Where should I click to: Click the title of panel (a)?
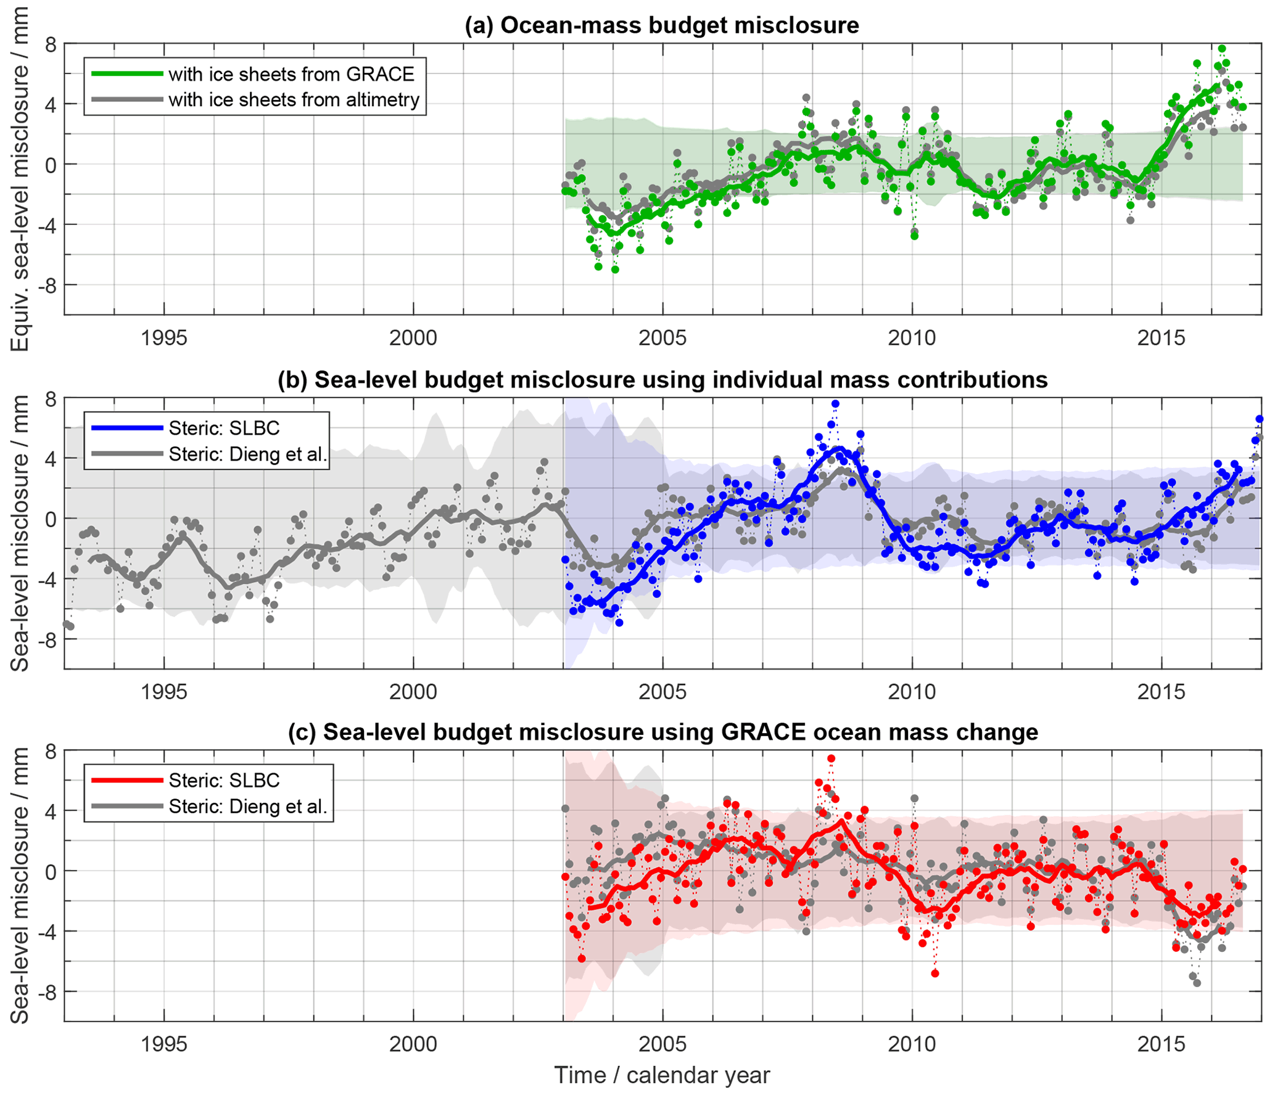[x=661, y=25]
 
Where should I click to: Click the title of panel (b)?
[x=662, y=380]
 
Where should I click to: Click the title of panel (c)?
[x=662, y=732]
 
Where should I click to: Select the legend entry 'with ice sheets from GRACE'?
[x=291, y=74]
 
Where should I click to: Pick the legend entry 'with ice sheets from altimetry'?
[x=294, y=100]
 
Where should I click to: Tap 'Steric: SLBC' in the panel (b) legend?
[x=224, y=428]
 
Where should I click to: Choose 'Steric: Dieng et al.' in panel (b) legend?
[x=247, y=454]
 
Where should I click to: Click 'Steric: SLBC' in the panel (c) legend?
[x=224, y=781]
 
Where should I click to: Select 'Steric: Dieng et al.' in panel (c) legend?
[x=247, y=806]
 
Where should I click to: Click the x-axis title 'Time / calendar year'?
[x=662, y=1075]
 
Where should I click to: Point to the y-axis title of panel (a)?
[x=20, y=179]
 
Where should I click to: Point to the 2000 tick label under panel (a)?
[x=413, y=338]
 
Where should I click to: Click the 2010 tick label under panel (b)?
[x=912, y=692]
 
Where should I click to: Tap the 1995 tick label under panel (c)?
[x=163, y=1044]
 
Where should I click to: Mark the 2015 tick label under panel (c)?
[x=1161, y=1044]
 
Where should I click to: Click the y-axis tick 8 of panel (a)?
[x=50, y=44]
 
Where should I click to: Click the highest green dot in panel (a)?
[x=1221, y=49]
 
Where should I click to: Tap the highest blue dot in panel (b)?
[x=835, y=404]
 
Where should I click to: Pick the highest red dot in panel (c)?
[x=831, y=758]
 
